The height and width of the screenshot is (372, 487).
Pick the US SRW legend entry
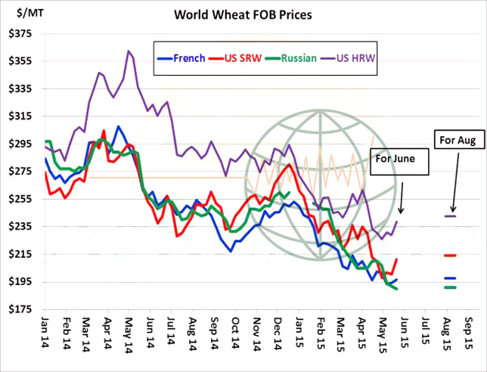pyautogui.click(x=235, y=57)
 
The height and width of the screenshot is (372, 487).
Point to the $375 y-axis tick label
pyautogui.click(x=20, y=34)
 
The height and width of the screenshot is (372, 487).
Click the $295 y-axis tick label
pyautogui.click(x=20, y=144)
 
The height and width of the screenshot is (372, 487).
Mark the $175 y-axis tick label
pyautogui.click(x=20, y=309)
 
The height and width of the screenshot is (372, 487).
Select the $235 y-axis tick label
pyautogui.click(x=20, y=227)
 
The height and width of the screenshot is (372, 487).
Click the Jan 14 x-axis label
pyautogui.click(x=45, y=333)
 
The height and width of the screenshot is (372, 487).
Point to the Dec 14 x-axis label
pyautogui.click(x=277, y=333)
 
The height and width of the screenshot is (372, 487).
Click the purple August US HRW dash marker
pyautogui.click(x=451, y=216)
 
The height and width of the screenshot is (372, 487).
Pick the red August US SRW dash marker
pyautogui.click(x=451, y=256)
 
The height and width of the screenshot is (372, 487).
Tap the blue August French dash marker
pyautogui.click(x=451, y=278)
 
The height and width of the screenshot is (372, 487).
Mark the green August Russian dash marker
pyautogui.click(x=451, y=287)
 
